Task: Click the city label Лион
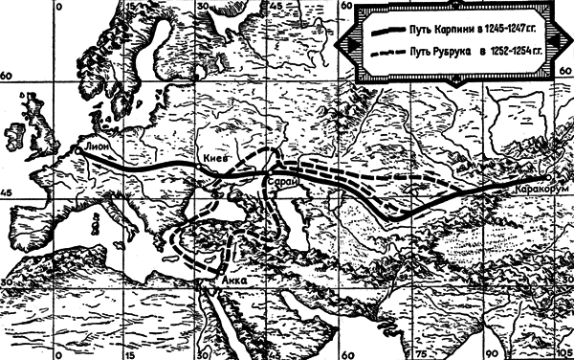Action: [x=98, y=147]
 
